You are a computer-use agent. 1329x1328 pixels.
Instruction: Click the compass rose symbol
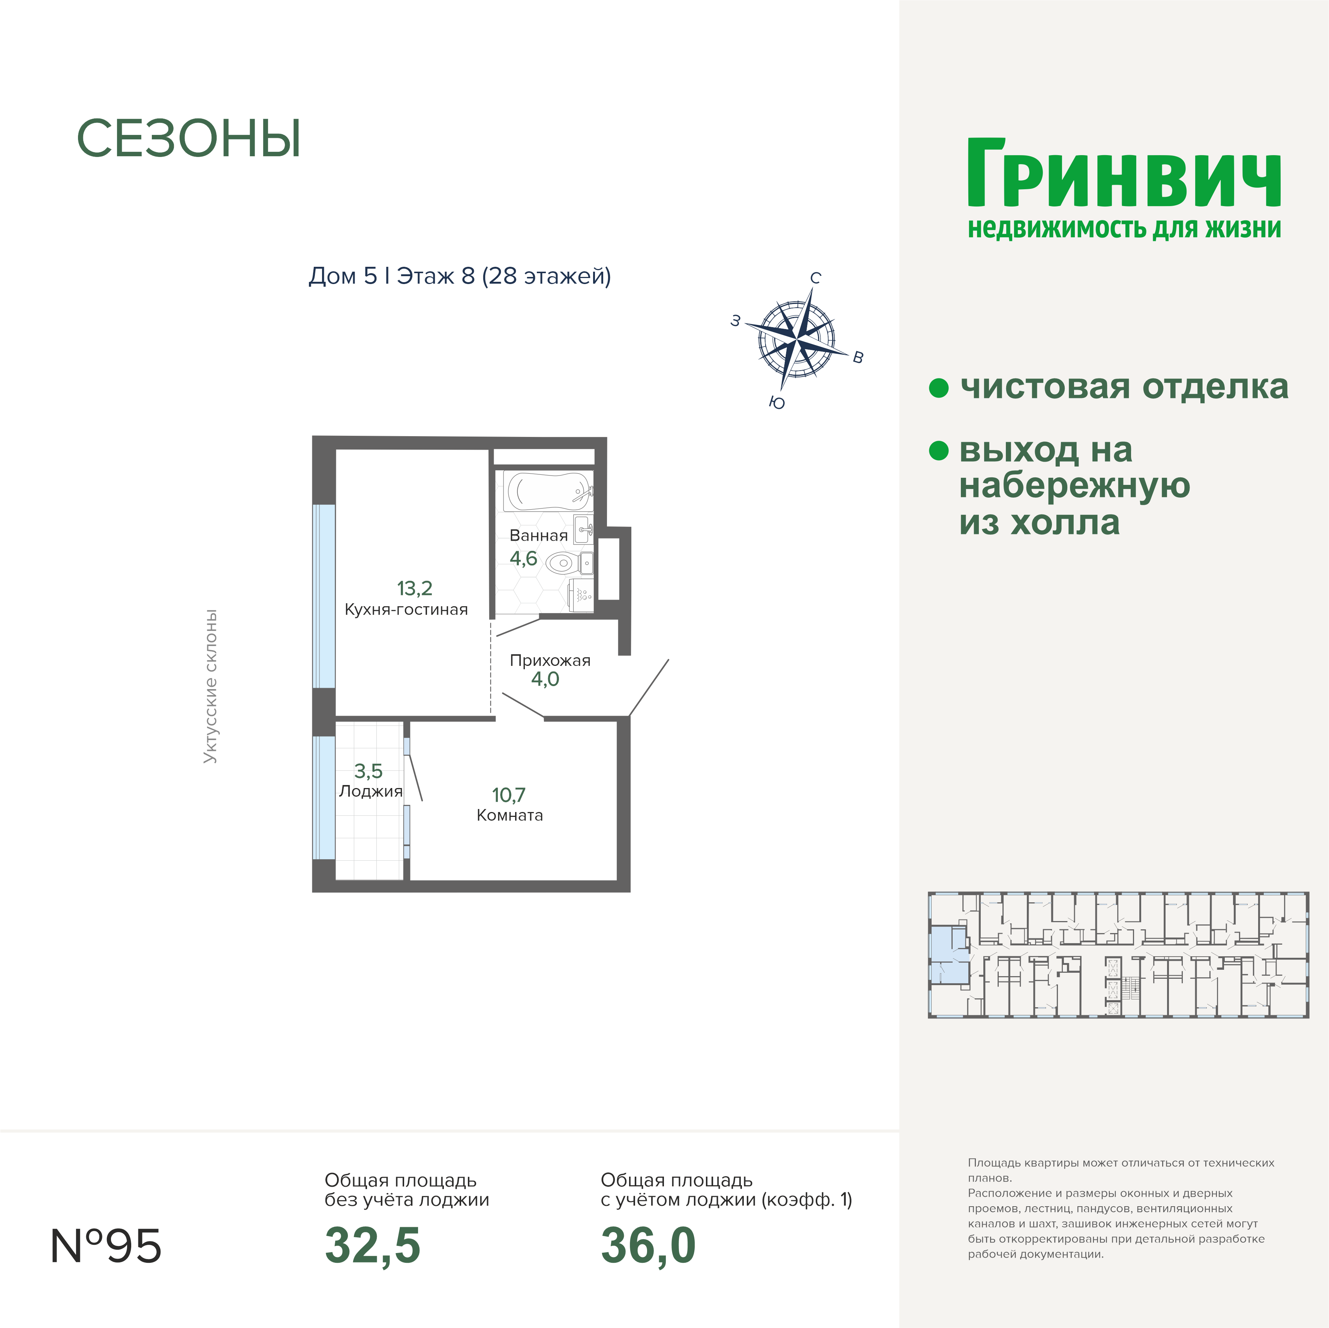tap(797, 338)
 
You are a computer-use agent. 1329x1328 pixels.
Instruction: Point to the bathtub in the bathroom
tap(548, 491)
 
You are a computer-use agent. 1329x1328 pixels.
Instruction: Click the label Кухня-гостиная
tap(406, 609)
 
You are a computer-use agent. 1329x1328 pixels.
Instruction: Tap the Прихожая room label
tap(550, 660)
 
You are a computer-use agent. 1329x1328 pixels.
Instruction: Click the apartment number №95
tap(106, 1246)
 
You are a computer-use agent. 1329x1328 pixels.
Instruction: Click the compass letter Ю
tap(777, 403)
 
